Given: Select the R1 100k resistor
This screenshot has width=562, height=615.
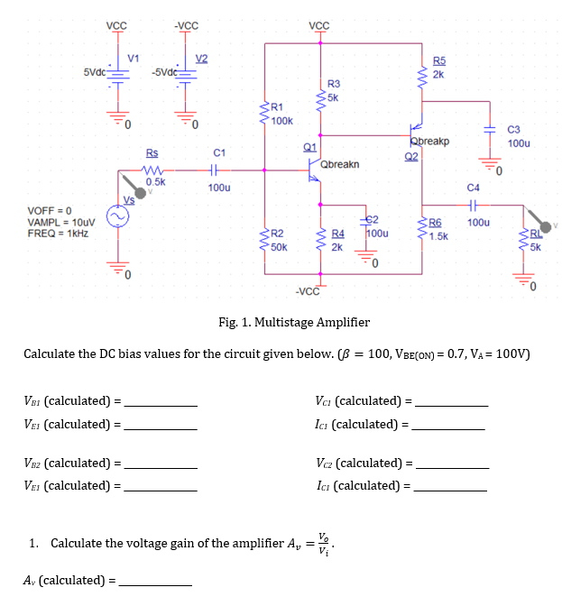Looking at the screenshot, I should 265,114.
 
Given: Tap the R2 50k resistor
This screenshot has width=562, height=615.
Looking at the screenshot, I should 265,238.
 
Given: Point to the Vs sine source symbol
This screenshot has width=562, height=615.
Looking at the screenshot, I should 118,217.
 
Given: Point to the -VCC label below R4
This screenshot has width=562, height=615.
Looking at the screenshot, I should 308,290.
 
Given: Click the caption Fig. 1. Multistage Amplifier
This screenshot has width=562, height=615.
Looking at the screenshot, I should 294,322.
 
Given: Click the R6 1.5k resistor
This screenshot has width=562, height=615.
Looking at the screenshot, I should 421,234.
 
